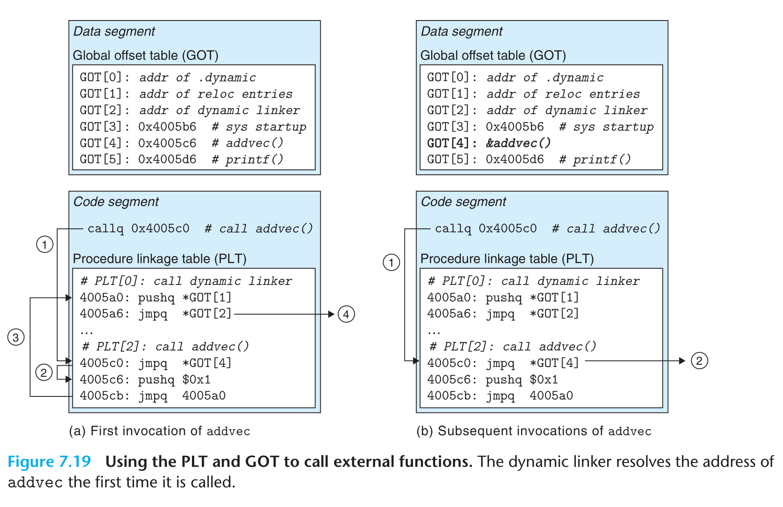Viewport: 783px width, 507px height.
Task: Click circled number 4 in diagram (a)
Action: pos(346,314)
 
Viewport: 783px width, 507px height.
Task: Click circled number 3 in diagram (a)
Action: pos(16,337)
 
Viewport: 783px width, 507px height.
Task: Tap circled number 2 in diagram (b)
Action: pos(699,361)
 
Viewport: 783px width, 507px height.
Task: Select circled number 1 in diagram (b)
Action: pos(391,262)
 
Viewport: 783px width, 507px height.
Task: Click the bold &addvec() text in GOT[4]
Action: pos(518,143)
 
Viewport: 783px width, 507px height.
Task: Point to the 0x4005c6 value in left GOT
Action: pos(167,143)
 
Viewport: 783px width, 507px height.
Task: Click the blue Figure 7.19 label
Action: pos(49,462)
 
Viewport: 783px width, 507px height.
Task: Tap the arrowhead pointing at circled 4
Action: pos(331,314)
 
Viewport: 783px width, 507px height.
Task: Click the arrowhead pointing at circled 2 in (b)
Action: pos(682,361)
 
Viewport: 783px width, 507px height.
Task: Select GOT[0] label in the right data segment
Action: pos(448,78)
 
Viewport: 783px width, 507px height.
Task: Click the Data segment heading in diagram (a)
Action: pos(114,31)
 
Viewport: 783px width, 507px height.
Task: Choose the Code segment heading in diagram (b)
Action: pos(463,202)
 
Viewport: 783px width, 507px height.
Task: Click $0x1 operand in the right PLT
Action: pos(543,379)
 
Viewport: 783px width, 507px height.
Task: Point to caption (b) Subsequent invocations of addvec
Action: pos(534,431)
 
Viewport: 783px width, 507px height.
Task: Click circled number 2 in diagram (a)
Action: pos(44,372)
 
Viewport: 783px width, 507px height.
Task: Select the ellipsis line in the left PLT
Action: pos(86,331)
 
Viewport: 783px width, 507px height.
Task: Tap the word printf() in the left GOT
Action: pos(254,160)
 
